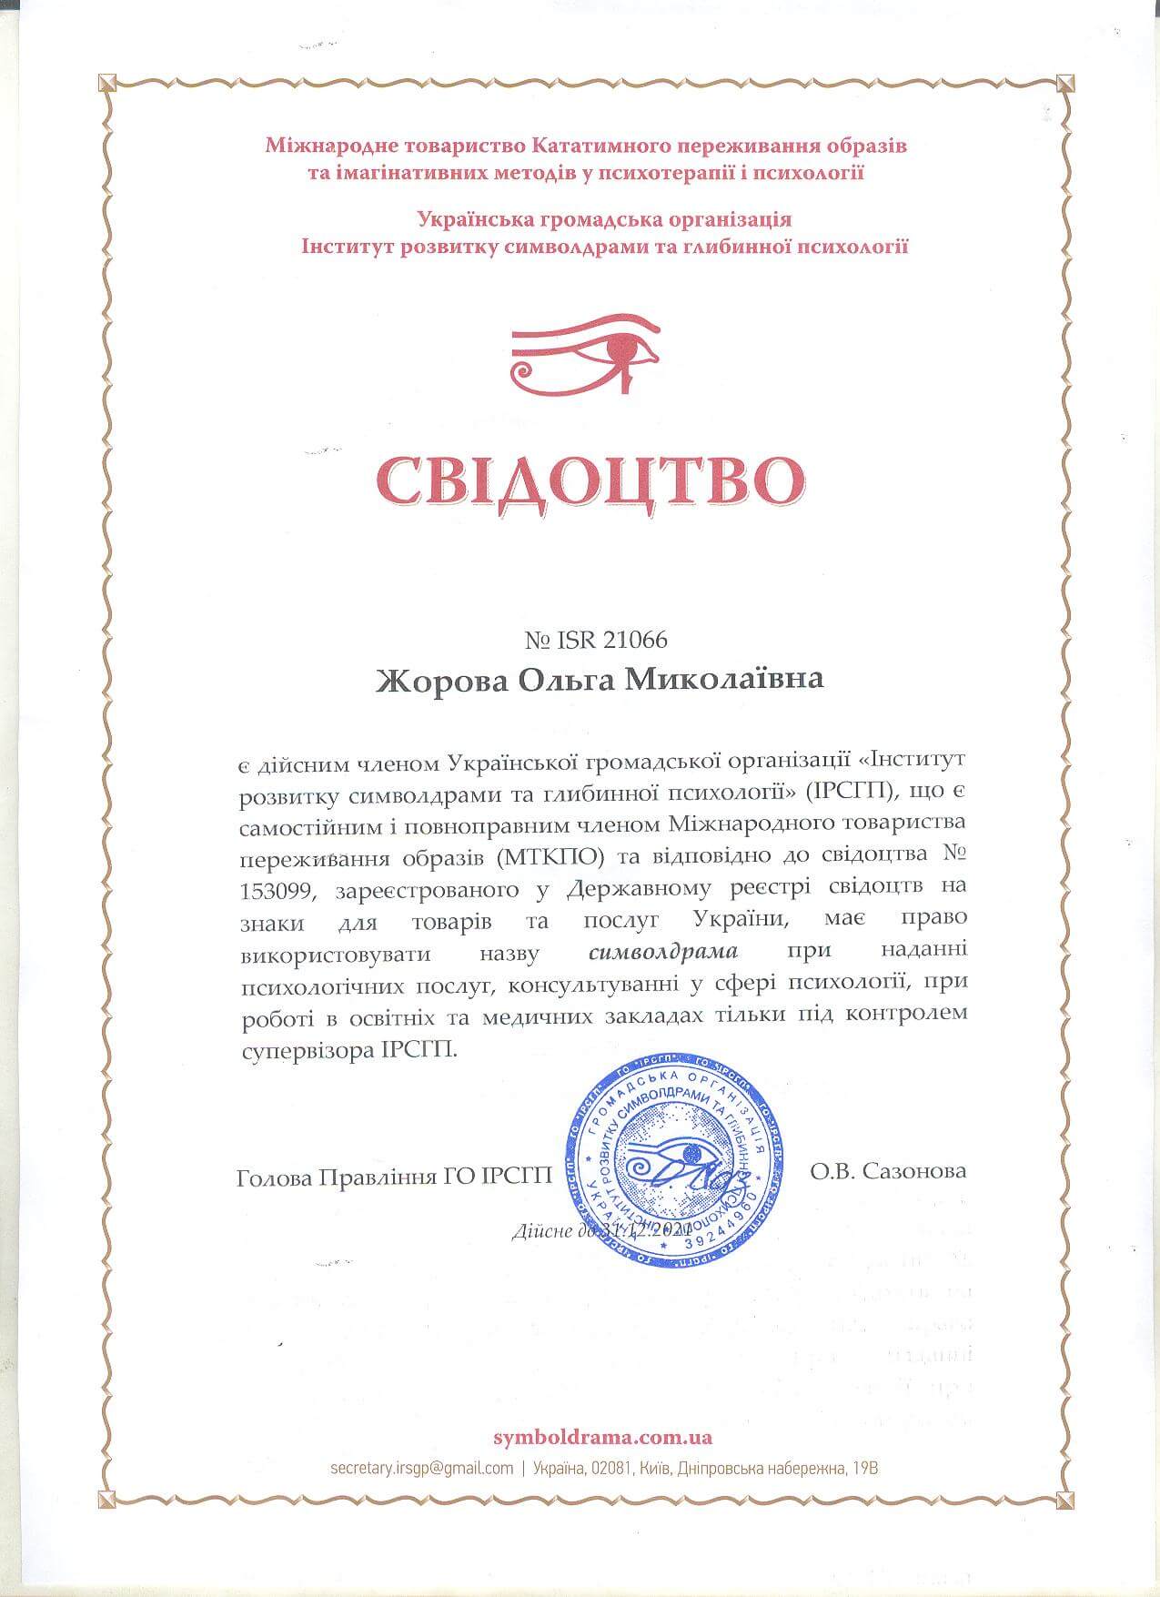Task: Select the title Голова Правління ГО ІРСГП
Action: tap(394, 1178)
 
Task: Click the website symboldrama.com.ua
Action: tap(602, 1438)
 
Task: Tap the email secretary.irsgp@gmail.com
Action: tap(422, 1468)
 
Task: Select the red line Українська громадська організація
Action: tap(603, 219)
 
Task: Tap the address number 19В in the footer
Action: tap(864, 1468)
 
